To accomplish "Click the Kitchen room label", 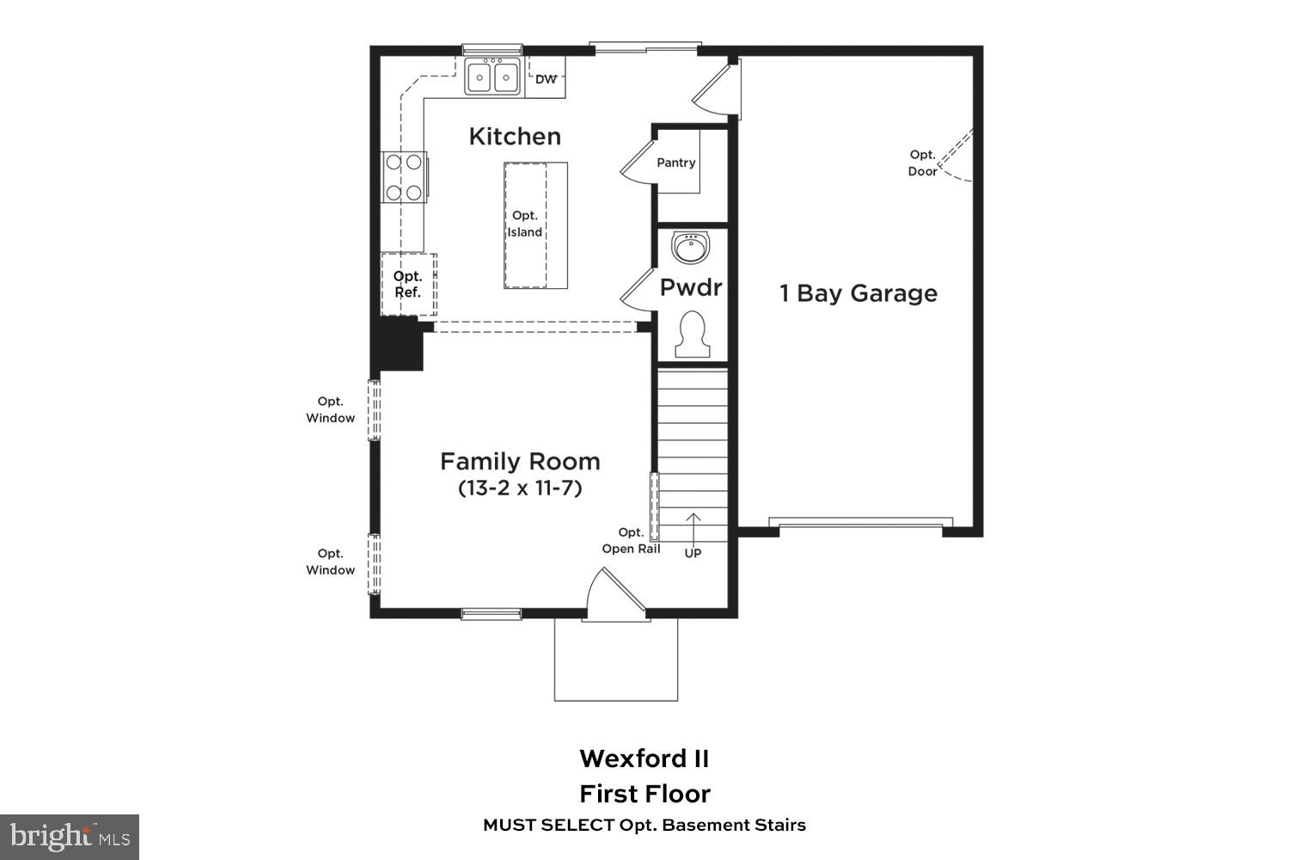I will (x=515, y=136).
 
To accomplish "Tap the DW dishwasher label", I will (x=546, y=79).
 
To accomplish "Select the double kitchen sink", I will (x=493, y=77).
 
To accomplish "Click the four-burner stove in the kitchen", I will (x=404, y=177).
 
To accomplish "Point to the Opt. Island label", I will (x=525, y=224).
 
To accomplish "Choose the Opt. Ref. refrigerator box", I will (x=408, y=284).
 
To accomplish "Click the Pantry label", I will (x=675, y=163).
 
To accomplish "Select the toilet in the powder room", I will (x=692, y=335).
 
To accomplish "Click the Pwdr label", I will (x=691, y=287).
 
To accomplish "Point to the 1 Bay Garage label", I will (x=858, y=293).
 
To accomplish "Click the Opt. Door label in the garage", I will (x=922, y=163).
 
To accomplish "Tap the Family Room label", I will (x=520, y=462).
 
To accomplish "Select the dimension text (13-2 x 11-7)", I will (x=520, y=488).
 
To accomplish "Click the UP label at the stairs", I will (x=693, y=553).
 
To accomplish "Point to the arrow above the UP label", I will (x=693, y=527).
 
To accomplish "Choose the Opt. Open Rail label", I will (x=631, y=540).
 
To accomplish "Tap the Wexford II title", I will (x=644, y=759).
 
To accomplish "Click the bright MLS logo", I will (x=70, y=837).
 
